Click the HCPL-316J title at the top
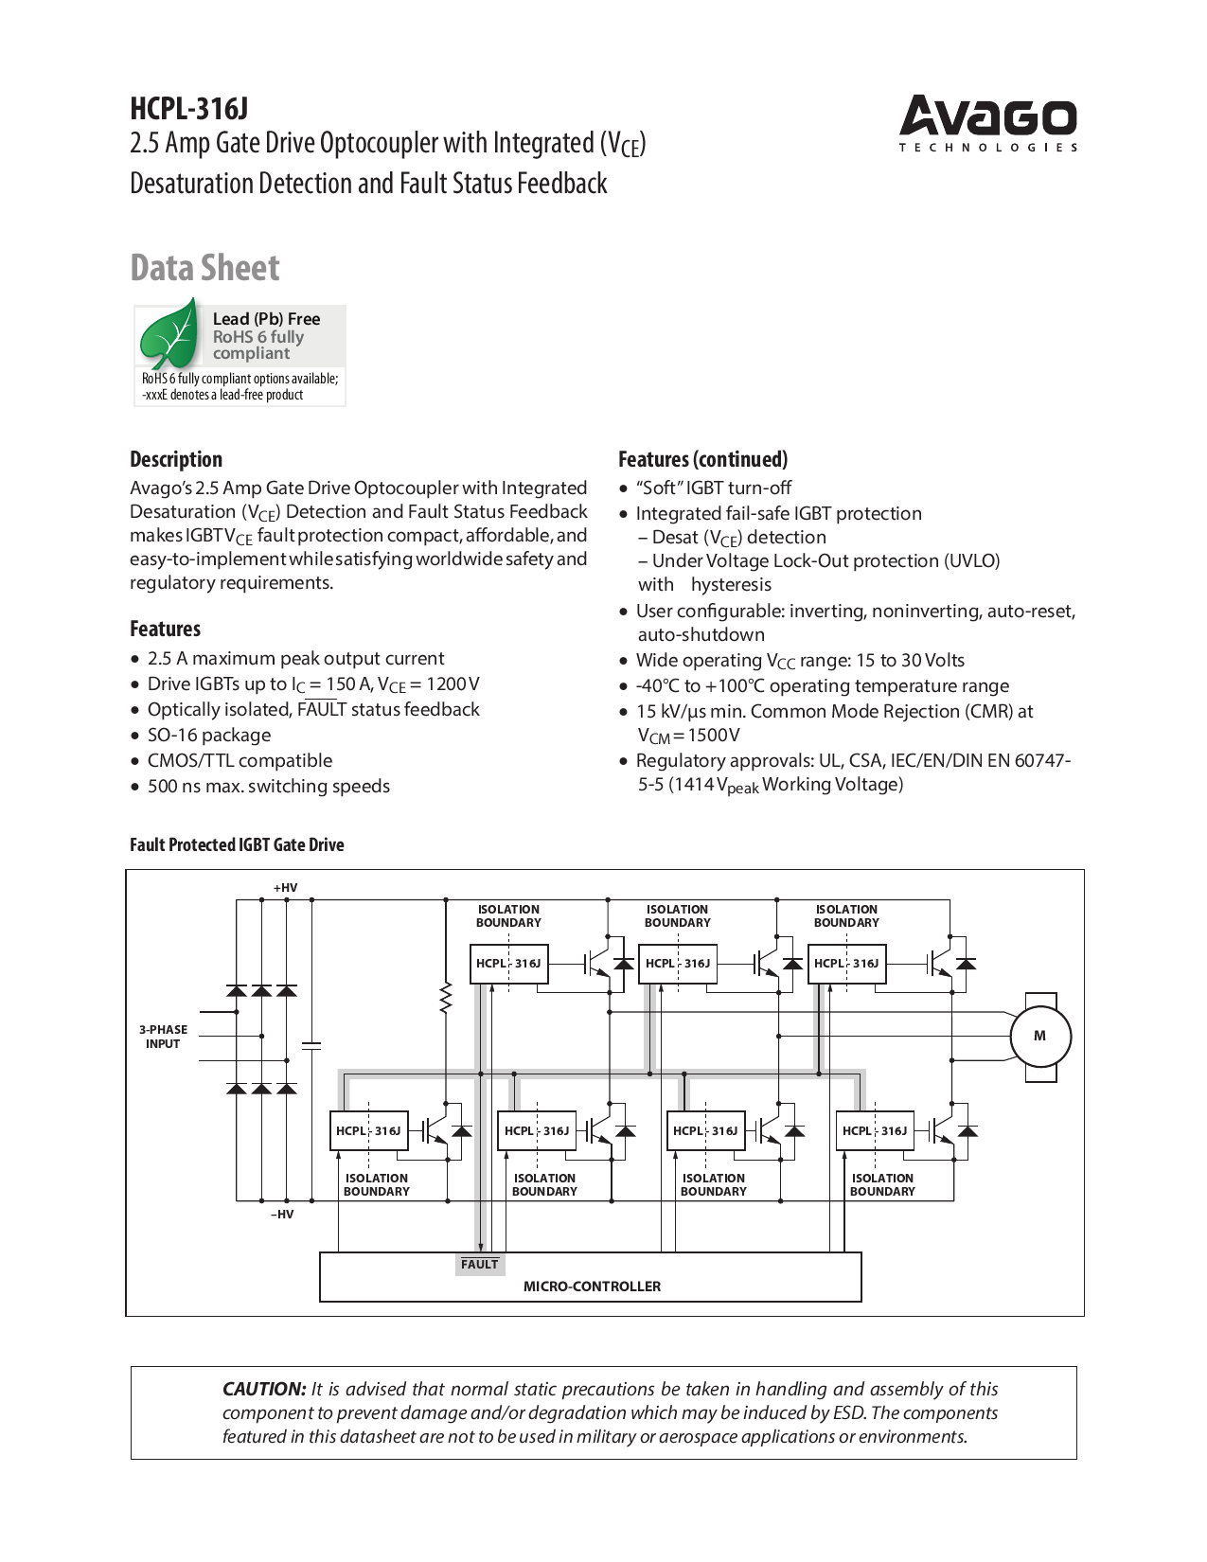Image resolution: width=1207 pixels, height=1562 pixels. (x=188, y=109)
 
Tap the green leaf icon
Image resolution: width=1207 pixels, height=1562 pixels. (x=169, y=334)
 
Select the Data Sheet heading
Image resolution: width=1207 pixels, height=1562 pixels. (x=204, y=268)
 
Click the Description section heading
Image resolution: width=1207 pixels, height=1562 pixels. (x=176, y=459)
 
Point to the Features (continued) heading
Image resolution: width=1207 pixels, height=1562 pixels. (x=702, y=459)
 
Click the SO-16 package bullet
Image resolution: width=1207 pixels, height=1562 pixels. (x=208, y=735)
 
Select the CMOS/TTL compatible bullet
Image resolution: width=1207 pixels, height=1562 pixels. (x=240, y=760)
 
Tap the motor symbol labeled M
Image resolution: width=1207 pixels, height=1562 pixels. (x=1039, y=1036)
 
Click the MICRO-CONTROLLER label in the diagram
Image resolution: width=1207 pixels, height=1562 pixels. (x=592, y=1286)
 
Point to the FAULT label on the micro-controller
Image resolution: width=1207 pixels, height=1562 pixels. (x=479, y=1264)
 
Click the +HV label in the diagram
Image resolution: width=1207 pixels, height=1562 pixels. (x=285, y=888)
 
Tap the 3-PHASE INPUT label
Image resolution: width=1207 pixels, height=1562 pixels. (x=163, y=1037)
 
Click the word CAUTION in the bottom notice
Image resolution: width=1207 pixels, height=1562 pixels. (x=264, y=1389)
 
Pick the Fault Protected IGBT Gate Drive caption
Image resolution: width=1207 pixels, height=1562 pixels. (x=237, y=844)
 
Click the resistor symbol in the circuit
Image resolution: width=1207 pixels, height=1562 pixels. (x=445, y=999)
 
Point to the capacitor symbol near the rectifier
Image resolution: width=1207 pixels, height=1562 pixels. (x=311, y=1045)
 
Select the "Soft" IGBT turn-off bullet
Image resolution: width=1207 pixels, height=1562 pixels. (x=713, y=488)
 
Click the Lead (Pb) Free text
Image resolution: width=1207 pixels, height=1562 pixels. (x=266, y=319)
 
